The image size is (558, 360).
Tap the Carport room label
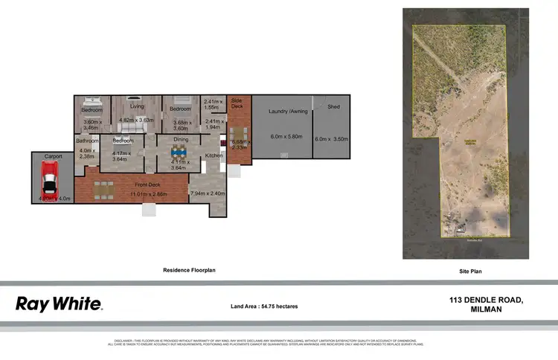coord(53,157)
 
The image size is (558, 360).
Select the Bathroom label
coord(87,140)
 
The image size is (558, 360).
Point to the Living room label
coord(136,106)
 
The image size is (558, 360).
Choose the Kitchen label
coord(214,155)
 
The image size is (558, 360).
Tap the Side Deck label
coord(237,103)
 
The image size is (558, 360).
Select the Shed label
coord(333,107)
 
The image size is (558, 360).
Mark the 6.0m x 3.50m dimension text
coord(332,139)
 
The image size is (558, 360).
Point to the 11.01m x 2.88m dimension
coord(147,194)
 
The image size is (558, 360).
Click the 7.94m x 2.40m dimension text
coord(208,194)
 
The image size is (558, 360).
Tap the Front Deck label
coord(147,184)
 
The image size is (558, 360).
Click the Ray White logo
coord(59,303)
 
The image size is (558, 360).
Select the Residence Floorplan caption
coord(189,271)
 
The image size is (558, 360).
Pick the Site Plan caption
coord(470,271)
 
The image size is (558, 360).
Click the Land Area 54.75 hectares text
coord(264,306)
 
